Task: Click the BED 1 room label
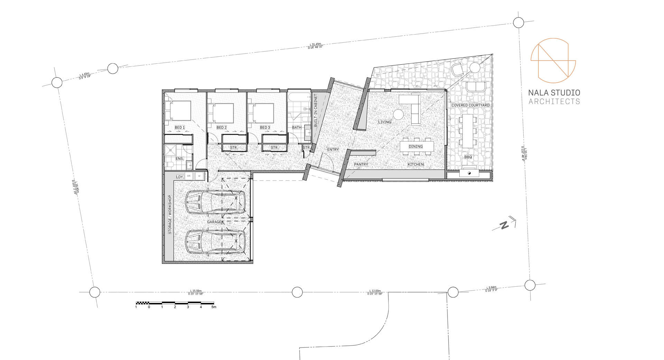(x=179, y=128)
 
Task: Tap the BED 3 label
(x=265, y=128)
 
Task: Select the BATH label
(x=297, y=128)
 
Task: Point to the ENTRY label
(x=333, y=150)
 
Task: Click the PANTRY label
(x=361, y=164)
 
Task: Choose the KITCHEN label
(x=415, y=164)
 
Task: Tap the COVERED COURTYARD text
(x=470, y=105)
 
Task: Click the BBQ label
(x=468, y=157)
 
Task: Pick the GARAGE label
(x=214, y=222)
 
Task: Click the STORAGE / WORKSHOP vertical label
(x=170, y=215)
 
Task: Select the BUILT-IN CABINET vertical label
(x=315, y=110)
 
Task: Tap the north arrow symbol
(x=505, y=225)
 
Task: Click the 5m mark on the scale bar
(x=214, y=307)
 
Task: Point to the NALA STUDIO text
(x=554, y=93)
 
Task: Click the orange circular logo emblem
(x=553, y=61)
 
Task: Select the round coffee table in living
(x=398, y=114)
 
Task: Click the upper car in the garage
(x=215, y=203)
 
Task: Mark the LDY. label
(x=180, y=177)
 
